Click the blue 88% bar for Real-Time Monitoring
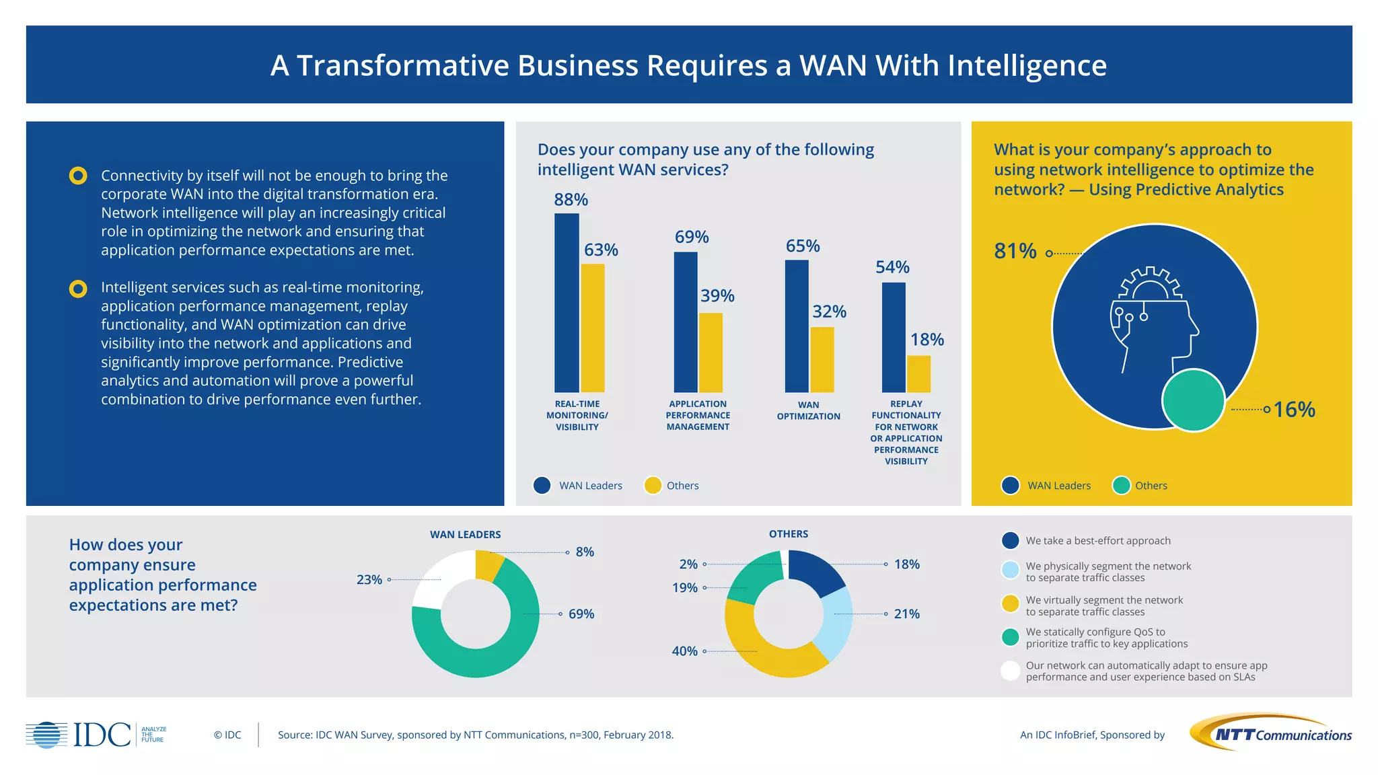tap(567, 303)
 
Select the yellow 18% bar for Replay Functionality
tap(918, 374)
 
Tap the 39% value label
tap(717, 296)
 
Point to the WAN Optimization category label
tap(808, 410)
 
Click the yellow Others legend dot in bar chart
tap(653, 485)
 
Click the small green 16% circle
tap(1193, 400)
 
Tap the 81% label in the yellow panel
tap(1015, 251)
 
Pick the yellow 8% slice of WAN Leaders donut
tap(487, 564)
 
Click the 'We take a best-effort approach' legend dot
tap(1010, 540)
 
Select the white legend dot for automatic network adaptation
tap(1010, 671)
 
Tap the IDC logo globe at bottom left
tap(47, 735)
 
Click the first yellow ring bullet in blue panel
tap(78, 176)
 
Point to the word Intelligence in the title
tap(1027, 66)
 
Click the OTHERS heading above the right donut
tap(789, 534)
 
